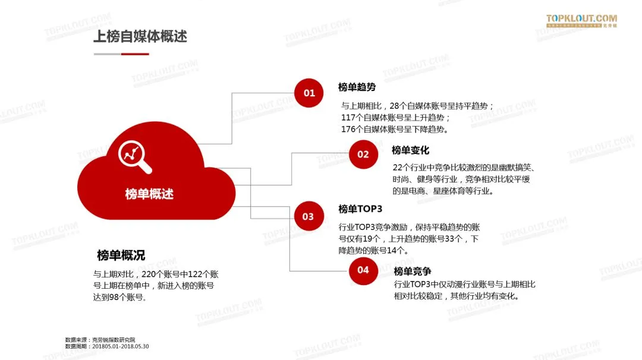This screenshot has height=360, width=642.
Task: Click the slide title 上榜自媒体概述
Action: click(x=140, y=36)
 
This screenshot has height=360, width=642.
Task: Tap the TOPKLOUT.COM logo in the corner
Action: click(x=581, y=21)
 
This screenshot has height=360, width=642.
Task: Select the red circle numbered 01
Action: click(x=309, y=93)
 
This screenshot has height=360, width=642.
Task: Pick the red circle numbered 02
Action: click(x=363, y=154)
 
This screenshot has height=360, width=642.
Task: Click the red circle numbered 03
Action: click(x=308, y=216)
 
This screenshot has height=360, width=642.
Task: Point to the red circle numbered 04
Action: click(x=363, y=270)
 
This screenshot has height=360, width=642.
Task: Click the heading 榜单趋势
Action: click(x=357, y=87)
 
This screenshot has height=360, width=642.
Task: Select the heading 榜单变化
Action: click(x=410, y=150)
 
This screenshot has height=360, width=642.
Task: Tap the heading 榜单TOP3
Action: click(x=360, y=209)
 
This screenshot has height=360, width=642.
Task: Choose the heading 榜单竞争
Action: click(x=413, y=271)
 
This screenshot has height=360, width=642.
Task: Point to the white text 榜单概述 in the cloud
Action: click(x=149, y=194)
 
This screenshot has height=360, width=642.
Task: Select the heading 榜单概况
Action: click(x=121, y=255)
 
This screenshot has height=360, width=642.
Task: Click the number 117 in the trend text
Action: click(x=348, y=117)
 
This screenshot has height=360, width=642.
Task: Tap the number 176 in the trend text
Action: click(x=348, y=129)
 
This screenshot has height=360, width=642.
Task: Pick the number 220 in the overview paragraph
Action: click(x=149, y=274)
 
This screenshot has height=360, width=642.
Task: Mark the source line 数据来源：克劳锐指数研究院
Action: click(x=100, y=340)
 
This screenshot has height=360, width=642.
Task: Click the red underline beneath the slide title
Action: click(x=135, y=54)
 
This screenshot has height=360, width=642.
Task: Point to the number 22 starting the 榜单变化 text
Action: click(x=398, y=168)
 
